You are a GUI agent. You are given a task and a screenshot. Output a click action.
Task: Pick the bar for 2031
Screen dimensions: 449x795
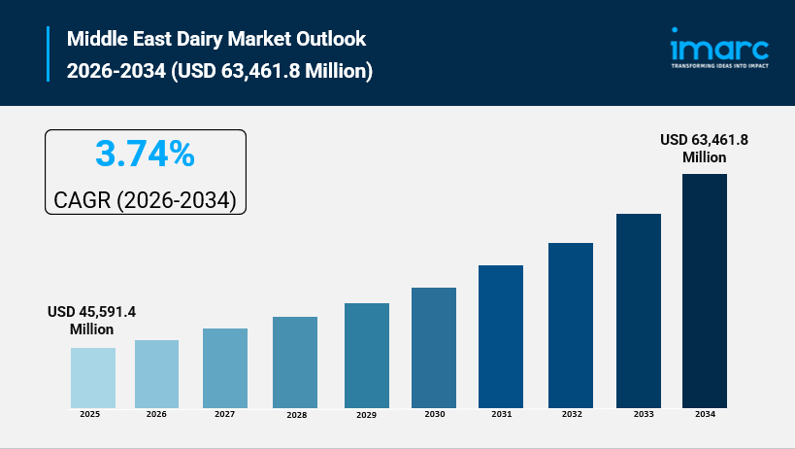click(501, 336)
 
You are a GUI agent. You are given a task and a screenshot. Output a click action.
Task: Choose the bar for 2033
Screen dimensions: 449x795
click(639, 310)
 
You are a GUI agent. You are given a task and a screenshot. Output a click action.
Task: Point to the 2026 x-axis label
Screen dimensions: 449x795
click(156, 414)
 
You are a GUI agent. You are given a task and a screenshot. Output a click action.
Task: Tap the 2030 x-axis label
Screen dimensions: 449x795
click(434, 414)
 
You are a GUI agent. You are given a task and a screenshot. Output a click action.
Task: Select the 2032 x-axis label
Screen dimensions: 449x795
click(570, 414)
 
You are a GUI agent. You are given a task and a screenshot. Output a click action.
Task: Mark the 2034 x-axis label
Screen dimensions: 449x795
click(705, 414)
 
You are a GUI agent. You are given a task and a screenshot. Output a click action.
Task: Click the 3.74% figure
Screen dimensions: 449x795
click(145, 154)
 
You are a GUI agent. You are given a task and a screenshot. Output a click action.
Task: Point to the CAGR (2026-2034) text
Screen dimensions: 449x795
click(145, 200)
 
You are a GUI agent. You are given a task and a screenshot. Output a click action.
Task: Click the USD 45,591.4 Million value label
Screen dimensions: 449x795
click(92, 321)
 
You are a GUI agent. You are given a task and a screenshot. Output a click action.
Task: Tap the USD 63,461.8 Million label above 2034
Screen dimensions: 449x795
click(704, 148)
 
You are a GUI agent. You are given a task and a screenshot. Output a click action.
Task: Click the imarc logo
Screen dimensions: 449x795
click(719, 48)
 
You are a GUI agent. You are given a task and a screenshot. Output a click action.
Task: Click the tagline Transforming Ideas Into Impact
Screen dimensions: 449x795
click(719, 67)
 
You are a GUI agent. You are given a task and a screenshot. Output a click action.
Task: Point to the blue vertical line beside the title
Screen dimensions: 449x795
click(48, 55)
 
